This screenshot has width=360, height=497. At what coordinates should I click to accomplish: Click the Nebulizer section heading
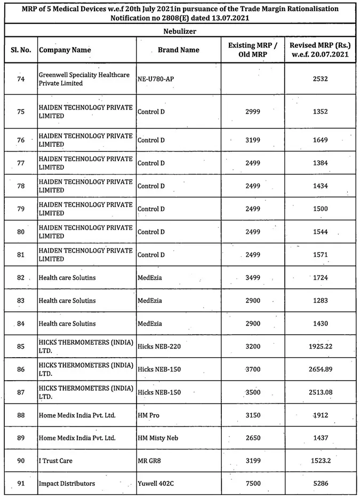(x=180, y=31)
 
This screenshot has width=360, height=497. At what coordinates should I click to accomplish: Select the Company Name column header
(x=65, y=50)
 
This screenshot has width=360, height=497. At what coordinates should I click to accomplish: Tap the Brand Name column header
(x=179, y=50)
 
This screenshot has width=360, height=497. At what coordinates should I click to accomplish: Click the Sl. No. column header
(x=21, y=50)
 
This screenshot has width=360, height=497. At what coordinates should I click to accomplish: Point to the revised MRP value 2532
(x=321, y=79)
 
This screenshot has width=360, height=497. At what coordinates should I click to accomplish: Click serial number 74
(x=21, y=79)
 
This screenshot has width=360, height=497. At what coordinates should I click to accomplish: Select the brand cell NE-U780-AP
(x=156, y=79)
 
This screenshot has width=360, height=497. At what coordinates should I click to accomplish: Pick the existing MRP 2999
(x=253, y=112)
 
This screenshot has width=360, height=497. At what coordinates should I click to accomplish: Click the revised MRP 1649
(x=321, y=140)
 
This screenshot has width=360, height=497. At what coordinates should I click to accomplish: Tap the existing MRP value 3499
(x=253, y=278)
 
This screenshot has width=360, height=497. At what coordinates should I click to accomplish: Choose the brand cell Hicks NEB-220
(x=159, y=346)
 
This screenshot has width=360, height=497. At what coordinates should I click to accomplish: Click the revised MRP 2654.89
(x=321, y=369)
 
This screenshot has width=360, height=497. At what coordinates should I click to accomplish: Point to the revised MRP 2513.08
(x=321, y=392)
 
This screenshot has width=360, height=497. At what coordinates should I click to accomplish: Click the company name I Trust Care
(x=55, y=461)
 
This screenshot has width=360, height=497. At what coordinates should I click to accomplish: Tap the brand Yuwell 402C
(x=156, y=484)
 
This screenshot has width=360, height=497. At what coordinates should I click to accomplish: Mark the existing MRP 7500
(x=253, y=484)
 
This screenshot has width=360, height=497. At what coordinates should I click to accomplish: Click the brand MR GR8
(x=150, y=461)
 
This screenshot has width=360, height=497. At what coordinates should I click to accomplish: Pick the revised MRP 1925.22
(x=321, y=346)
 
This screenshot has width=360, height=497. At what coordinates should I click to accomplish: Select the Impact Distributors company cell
(x=67, y=484)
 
